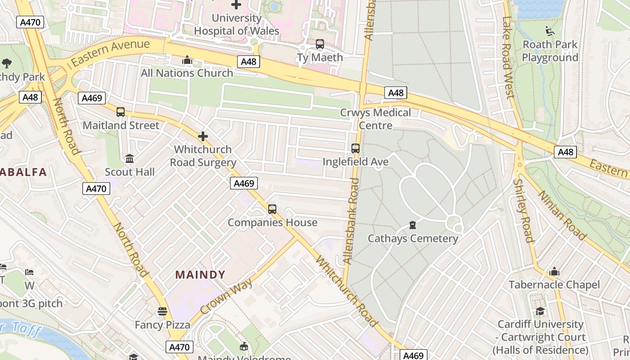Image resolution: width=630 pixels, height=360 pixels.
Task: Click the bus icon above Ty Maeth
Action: coord(319,44)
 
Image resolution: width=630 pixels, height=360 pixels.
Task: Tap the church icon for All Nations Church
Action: coord(187,60)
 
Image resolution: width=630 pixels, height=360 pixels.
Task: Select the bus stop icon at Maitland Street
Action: coord(121,112)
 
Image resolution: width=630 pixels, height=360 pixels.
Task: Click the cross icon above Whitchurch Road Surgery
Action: coord(203,136)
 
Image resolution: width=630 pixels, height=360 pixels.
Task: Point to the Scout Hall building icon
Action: coord(130,158)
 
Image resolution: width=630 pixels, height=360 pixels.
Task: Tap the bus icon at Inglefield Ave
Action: coord(355,148)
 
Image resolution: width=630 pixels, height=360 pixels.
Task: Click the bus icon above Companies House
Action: coord(272,209)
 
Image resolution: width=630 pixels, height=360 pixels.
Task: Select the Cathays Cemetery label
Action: coord(413,238)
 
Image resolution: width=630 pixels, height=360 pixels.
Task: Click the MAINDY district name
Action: coord(200,274)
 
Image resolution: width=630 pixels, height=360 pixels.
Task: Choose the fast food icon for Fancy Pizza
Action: coord(162,311)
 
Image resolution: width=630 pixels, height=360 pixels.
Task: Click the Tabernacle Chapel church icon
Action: coord(554,272)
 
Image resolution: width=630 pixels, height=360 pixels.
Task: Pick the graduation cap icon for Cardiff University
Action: coord(540,311)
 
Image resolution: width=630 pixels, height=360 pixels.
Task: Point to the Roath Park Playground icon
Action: coord(549,31)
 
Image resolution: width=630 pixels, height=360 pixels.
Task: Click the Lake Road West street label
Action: coord(508,58)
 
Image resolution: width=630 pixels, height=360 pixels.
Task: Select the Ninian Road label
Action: coord(562,215)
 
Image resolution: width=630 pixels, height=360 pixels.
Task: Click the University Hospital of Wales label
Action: coord(236,25)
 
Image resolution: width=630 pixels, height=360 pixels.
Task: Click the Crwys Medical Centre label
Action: coord(375,119)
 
